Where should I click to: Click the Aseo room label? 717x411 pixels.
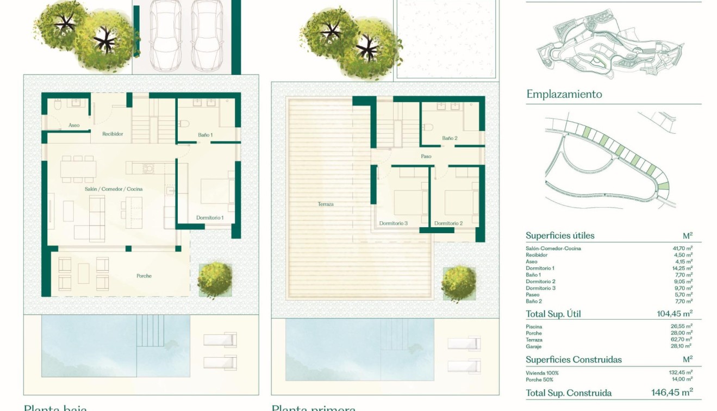point(74,126)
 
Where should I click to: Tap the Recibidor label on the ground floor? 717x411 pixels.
point(113,134)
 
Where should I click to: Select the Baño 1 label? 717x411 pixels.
point(204,135)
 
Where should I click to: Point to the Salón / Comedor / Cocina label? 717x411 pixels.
point(114,189)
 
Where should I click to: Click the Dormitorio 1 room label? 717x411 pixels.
point(210,218)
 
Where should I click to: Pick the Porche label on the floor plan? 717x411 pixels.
point(144,276)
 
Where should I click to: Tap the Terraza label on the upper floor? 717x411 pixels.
point(326,204)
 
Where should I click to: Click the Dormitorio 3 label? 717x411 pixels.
point(394,223)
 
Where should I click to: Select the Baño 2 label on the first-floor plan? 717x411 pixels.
point(450,139)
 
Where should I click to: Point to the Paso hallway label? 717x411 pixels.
point(426,157)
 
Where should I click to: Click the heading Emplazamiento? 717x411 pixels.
point(564,94)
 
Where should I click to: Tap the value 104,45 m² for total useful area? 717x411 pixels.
point(674,314)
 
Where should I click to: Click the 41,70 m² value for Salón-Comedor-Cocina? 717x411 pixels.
point(681,248)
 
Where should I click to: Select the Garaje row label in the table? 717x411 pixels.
point(534,346)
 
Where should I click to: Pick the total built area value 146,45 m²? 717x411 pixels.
point(672,393)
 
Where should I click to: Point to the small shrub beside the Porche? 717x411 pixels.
point(215,280)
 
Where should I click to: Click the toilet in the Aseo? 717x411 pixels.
point(58,108)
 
